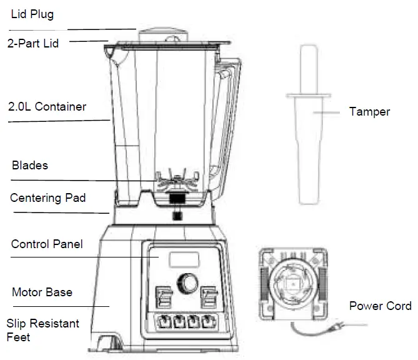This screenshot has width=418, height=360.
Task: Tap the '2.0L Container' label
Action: pos(47,107)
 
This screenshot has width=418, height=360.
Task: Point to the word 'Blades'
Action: pos(30,166)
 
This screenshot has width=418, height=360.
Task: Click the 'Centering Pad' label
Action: pos(48,198)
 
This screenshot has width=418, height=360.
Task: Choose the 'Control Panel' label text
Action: pos(47,244)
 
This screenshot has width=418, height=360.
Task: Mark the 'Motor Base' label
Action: pos(42,292)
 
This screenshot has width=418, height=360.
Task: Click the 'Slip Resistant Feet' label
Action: pos(42,330)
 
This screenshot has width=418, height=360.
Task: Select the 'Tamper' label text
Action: pos(369,112)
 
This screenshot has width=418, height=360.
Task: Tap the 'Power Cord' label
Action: pos(380,306)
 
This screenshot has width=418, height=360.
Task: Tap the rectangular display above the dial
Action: pos(183,260)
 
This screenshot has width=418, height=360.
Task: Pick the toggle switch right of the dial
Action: pos(208,296)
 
